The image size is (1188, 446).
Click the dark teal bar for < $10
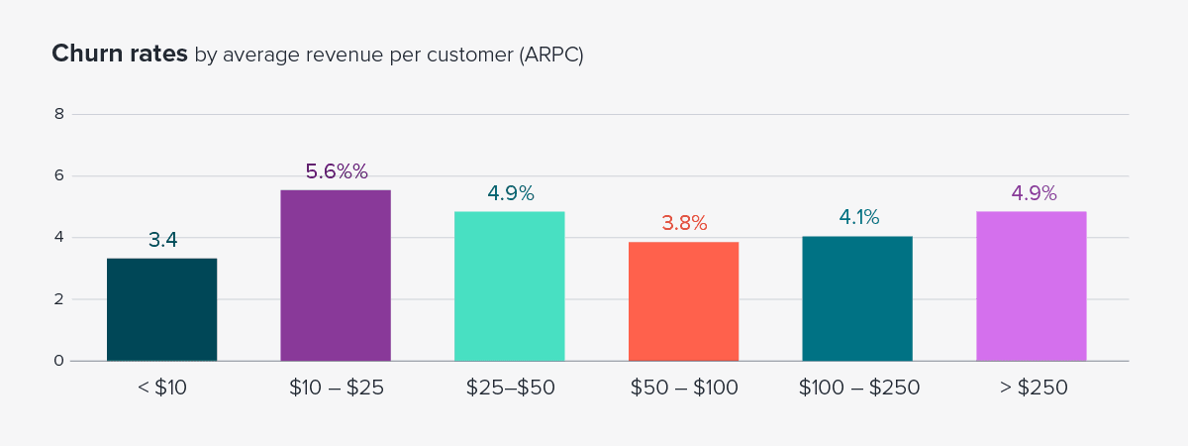click(162, 309)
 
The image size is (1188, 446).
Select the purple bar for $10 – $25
click(336, 276)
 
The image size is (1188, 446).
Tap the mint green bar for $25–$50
click(510, 286)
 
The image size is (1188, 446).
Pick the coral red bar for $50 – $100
click(683, 301)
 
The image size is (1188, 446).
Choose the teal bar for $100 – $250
click(857, 298)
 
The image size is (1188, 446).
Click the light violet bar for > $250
click(1031, 286)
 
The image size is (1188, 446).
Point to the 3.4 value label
click(162, 240)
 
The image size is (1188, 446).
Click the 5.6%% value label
click(336, 171)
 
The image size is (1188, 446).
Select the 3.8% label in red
click(683, 223)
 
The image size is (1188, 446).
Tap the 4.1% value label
click(857, 217)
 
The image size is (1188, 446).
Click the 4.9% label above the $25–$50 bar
click(510, 193)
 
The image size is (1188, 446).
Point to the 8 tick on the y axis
click(59, 114)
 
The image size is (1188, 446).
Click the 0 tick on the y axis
click(59, 361)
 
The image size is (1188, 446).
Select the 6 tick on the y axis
click(59, 175)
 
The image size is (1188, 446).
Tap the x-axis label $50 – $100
click(683, 389)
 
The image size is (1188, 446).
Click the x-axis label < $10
click(162, 389)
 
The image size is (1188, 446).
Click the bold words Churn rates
click(119, 55)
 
